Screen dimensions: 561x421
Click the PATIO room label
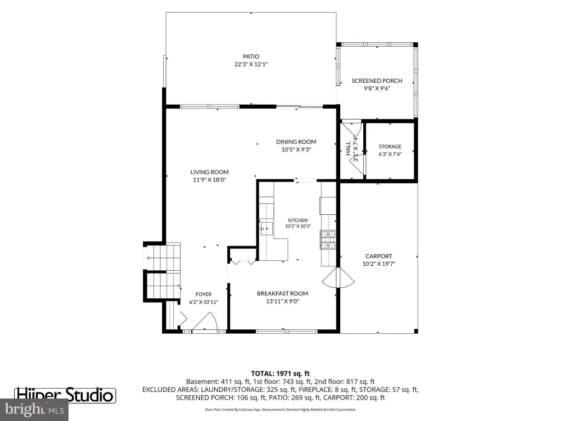[x=251, y=56]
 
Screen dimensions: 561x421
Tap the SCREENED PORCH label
[x=377, y=81]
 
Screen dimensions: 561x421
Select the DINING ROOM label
[x=296, y=142]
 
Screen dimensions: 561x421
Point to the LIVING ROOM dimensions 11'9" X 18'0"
[x=209, y=180]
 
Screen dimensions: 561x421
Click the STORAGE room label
[x=390, y=146]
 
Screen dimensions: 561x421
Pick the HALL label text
[x=348, y=148]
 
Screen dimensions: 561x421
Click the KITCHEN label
[x=297, y=220]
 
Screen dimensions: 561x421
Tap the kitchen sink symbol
[x=266, y=229]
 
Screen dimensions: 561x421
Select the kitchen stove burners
[x=328, y=240]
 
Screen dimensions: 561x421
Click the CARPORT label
[x=379, y=257]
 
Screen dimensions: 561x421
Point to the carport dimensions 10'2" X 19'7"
[x=379, y=264]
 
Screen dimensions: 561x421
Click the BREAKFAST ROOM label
[x=282, y=294]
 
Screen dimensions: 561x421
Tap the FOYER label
[x=203, y=294]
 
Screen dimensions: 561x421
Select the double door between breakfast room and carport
[x=338, y=277]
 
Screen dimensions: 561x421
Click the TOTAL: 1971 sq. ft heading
[x=280, y=374]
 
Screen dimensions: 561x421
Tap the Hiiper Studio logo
[x=65, y=395]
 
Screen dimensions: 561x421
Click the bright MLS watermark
[x=34, y=409]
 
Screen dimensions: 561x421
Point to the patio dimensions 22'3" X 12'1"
[x=251, y=65]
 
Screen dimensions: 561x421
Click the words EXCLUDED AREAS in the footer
[x=170, y=390]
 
